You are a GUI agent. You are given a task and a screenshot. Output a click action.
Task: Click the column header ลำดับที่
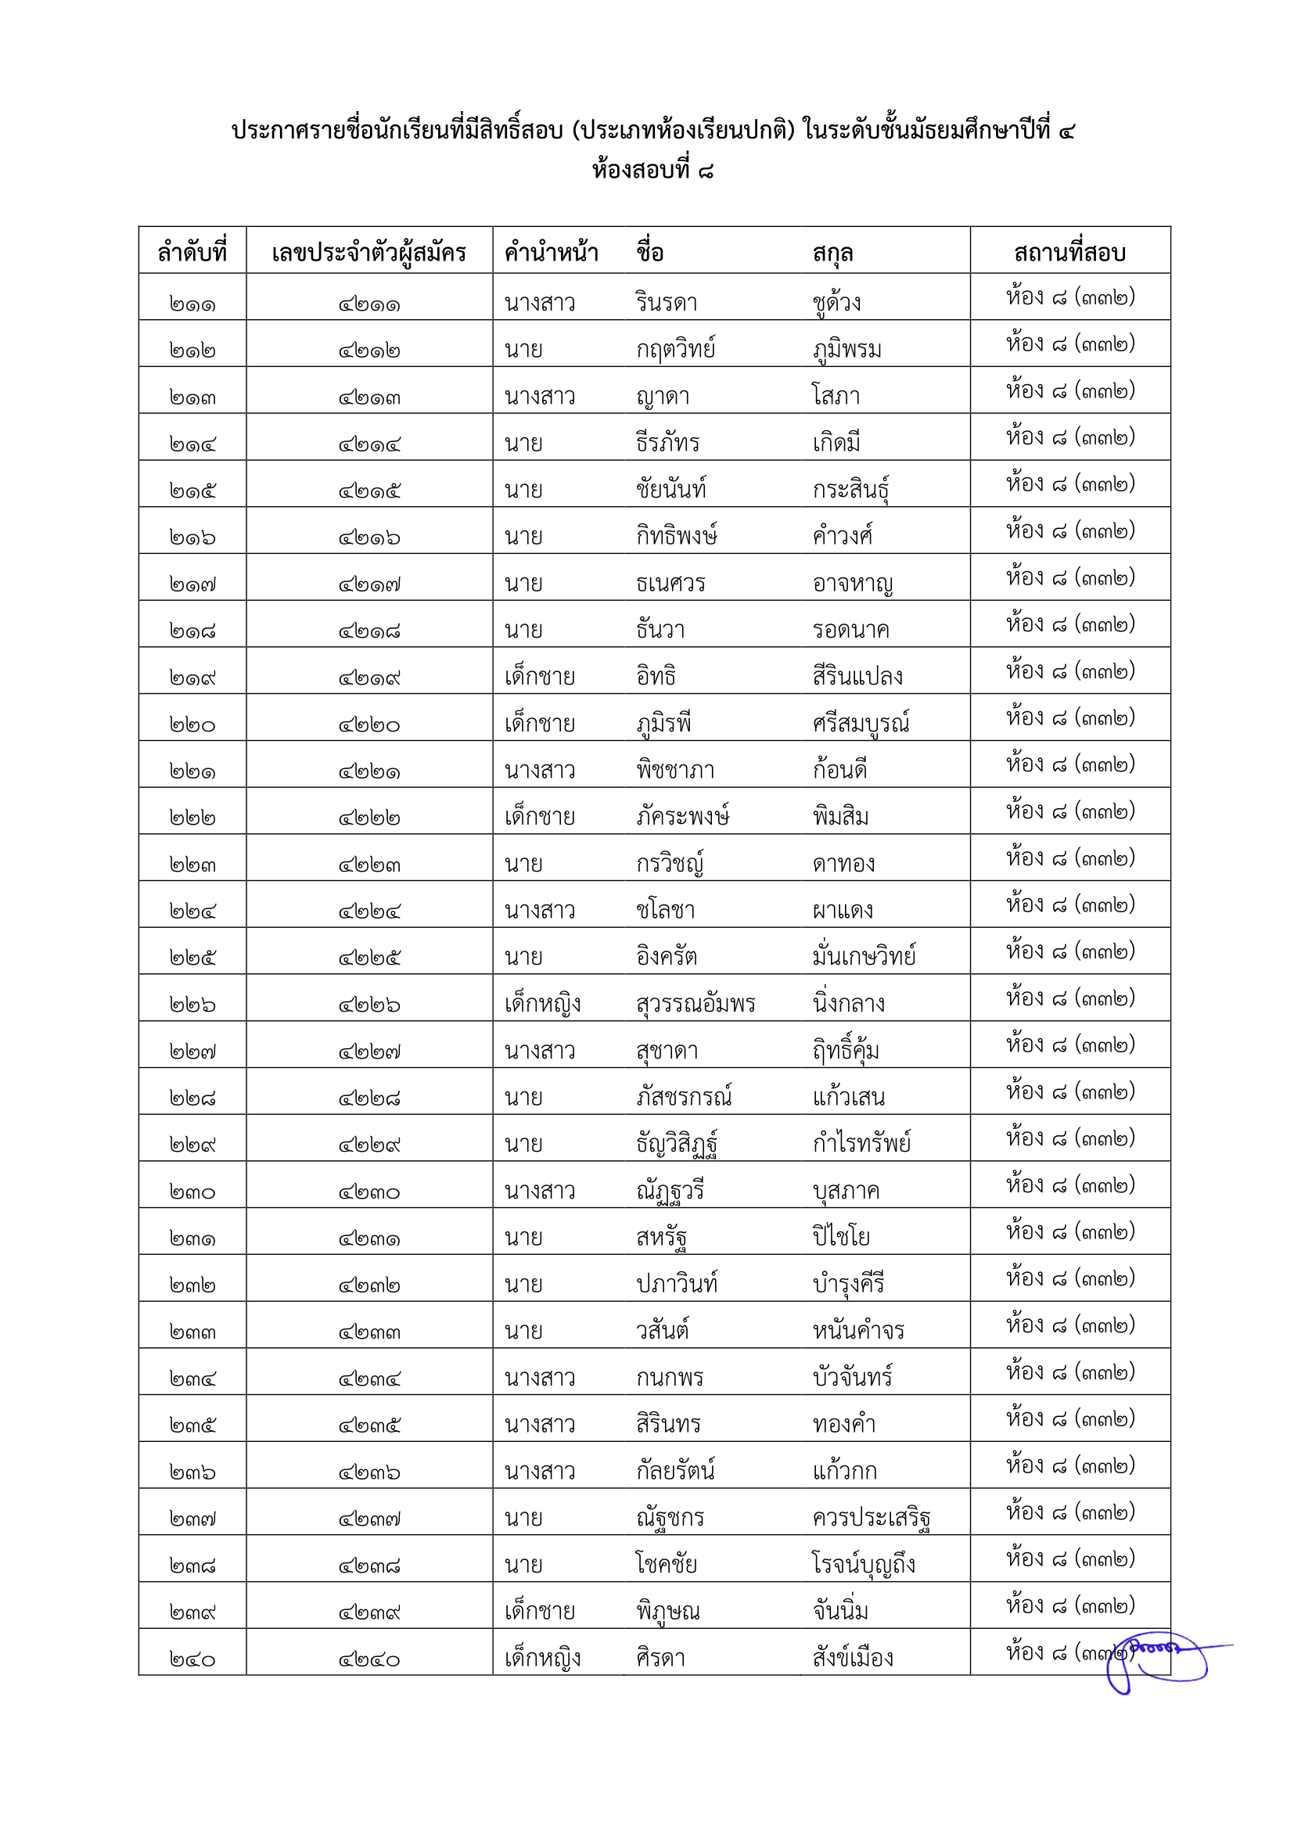coord(192,253)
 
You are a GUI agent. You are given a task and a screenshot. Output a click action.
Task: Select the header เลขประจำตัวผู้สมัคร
coord(369,253)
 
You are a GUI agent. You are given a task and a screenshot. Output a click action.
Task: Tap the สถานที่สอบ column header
coord(1069,253)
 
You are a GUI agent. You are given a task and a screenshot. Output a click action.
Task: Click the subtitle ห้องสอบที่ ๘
coord(652,170)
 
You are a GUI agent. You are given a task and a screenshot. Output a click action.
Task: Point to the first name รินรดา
coord(666,303)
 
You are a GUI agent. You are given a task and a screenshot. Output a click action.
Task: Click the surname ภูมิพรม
coord(847,349)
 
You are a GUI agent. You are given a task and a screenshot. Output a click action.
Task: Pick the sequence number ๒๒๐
coord(192,724)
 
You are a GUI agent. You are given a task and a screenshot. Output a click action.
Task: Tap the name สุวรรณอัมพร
coord(696,1005)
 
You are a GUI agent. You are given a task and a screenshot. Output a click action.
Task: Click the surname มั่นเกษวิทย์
coord(864,956)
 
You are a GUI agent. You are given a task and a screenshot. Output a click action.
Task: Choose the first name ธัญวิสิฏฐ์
coord(678,1144)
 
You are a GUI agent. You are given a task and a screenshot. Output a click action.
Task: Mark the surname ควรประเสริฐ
coord(872,1518)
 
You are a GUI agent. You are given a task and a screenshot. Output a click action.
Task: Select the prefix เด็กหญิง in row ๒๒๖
coord(543,1005)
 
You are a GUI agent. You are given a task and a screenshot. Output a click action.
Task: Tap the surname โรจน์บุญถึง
coord(864,1565)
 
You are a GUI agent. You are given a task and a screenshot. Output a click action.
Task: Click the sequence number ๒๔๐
coord(192,1659)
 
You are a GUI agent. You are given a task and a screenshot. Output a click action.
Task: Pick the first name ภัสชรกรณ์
coord(684,1098)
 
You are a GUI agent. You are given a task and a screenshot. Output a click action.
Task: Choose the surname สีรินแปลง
coord(857,677)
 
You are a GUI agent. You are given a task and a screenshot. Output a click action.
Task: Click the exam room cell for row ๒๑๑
coord(1069,297)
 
